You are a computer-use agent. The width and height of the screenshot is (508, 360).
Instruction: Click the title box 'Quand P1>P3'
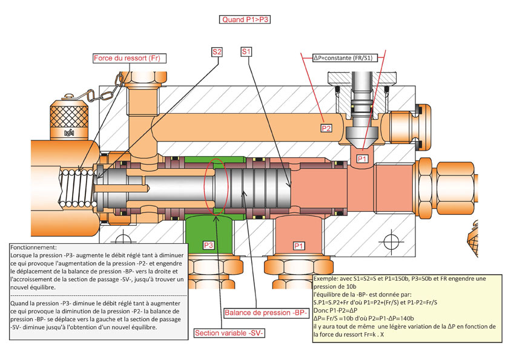(245, 19)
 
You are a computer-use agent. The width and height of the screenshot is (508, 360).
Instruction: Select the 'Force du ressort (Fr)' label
(129, 58)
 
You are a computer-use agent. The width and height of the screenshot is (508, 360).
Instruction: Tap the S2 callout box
(217, 52)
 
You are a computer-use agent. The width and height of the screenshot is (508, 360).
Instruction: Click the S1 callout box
(246, 51)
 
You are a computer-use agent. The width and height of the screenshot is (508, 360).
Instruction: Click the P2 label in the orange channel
(326, 128)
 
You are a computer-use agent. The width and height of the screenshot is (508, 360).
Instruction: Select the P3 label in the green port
(208, 245)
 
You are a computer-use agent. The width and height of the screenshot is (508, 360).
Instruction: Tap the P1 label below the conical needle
(362, 159)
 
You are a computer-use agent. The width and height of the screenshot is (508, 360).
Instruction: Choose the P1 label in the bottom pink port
(299, 246)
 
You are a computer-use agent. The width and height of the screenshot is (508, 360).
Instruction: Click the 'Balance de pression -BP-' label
(266, 313)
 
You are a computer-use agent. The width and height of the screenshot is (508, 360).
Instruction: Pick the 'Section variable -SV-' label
(229, 333)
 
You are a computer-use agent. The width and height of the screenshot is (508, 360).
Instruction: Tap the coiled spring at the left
(78, 188)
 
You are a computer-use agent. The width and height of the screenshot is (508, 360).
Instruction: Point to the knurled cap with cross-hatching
(69, 117)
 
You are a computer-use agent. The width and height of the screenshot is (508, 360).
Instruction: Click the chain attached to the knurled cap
(104, 91)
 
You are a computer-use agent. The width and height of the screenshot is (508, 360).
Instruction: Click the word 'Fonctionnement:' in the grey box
(34, 247)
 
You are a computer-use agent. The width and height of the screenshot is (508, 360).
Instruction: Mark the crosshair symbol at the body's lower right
(391, 241)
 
